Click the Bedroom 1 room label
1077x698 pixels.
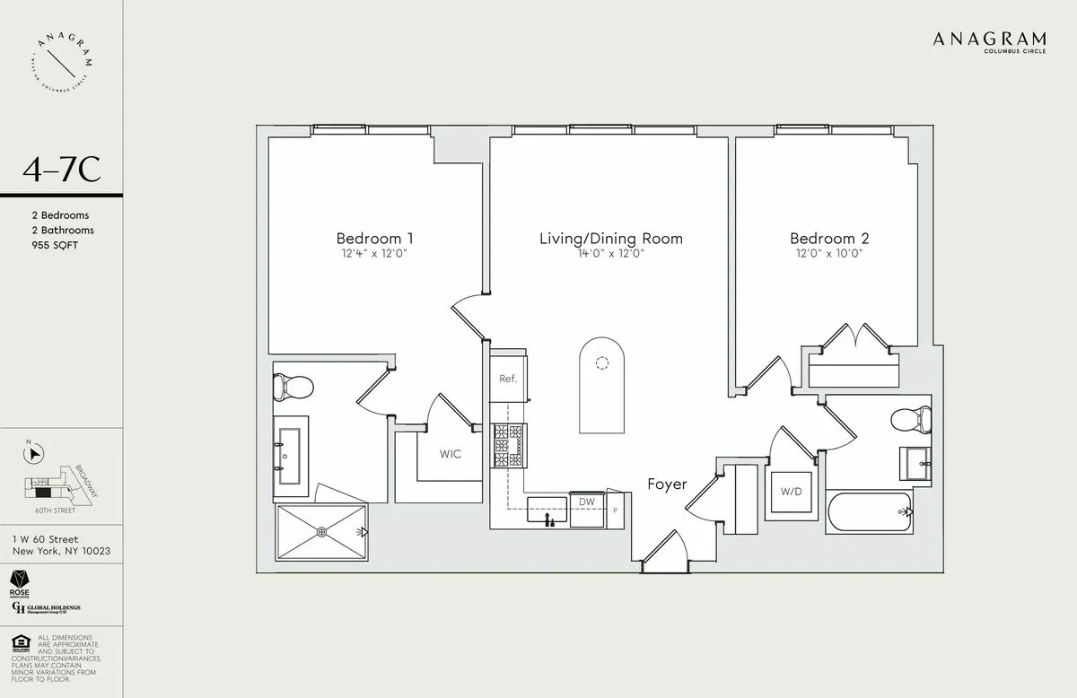coord(374,239)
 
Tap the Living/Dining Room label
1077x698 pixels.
coord(610,239)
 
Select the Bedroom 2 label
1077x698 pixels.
coord(829,239)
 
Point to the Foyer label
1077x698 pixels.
coord(667,484)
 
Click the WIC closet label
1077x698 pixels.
coord(450,454)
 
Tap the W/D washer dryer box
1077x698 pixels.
coord(791,492)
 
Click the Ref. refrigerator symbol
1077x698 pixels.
coord(508,378)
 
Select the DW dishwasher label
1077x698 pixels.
coord(586,502)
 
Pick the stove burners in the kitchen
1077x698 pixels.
coord(508,445)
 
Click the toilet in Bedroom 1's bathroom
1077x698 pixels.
coord(293,388)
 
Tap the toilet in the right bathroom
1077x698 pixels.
coord(910,420)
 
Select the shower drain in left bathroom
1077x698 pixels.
coord(322,531)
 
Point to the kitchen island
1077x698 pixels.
coord(601,385)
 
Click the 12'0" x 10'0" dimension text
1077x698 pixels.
coord(829,254)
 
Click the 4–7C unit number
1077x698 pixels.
coord(62,170)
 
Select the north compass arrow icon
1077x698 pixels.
coord(34,454)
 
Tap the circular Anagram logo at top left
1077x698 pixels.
coord(62,62)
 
